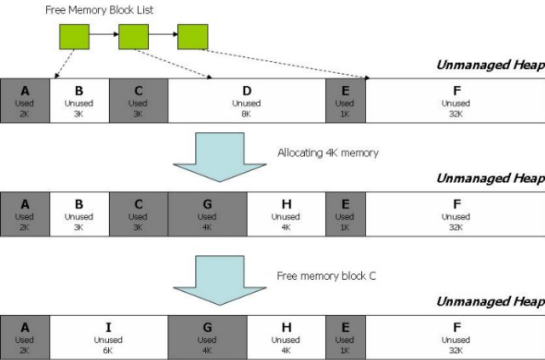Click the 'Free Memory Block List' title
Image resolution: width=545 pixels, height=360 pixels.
click(99, 9)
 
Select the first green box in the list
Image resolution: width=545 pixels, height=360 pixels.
click(74, 37)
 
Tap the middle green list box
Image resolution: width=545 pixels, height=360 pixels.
click(134, 37)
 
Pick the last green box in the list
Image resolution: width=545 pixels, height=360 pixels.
click(193, 37)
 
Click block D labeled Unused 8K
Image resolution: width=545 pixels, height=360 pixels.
click(247, 100)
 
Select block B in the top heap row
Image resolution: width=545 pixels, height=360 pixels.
click(79, 100)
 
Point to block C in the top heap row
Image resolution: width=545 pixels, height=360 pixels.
click(139, 100)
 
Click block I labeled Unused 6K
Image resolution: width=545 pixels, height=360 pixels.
click(109, 337)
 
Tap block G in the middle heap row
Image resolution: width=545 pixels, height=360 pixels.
click(208, 214)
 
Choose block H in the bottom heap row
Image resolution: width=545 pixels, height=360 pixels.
click(286, 337)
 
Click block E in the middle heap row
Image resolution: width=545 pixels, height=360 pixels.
click(346, 214)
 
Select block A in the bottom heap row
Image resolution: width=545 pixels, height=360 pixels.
click(25, 337)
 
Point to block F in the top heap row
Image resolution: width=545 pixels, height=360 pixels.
click(456, 100)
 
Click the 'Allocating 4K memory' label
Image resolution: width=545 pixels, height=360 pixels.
click(328, 153)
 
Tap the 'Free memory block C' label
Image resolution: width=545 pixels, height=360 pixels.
click(326, 276)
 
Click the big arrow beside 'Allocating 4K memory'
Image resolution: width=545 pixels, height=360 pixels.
click(220, 157)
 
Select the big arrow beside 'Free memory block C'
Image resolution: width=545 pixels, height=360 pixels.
click(220, 281)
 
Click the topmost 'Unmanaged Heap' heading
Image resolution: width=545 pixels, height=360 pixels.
click(490, 65)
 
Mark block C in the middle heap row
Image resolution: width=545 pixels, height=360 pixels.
click(139, 214)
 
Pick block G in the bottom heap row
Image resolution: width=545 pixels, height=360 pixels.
click(208, 337)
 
